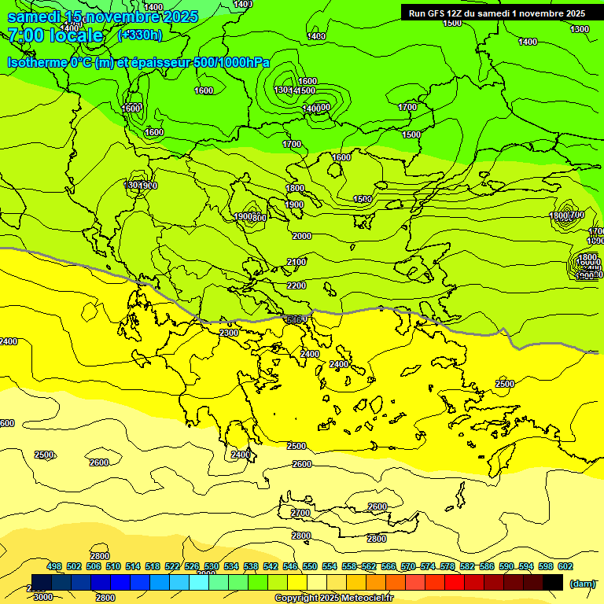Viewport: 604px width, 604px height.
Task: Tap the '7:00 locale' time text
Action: click(55, 35)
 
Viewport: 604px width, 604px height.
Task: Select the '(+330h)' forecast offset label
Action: click(139, 35)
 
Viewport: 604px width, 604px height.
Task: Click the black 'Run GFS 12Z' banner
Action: click(496, 13)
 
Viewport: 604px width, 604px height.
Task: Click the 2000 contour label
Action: click(301, 236)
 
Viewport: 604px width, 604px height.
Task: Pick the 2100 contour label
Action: click(296, 262)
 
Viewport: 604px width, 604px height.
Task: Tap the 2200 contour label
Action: click(296, 285)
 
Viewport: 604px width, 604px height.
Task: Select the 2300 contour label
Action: click(229, 333)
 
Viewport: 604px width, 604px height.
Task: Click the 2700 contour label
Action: click(300, 513)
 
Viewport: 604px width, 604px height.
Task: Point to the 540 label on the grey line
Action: click(295, 319)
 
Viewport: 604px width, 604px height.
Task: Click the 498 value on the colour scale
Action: click(54, 566)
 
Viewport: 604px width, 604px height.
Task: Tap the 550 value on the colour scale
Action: click(310, 566)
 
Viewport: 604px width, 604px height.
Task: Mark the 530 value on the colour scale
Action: click(212, 566)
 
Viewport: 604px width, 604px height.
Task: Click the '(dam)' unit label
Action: click(581, 583)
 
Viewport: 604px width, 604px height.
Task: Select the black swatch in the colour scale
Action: click(553, 582)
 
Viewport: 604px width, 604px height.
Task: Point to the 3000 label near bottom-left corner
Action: click(43, 597)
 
